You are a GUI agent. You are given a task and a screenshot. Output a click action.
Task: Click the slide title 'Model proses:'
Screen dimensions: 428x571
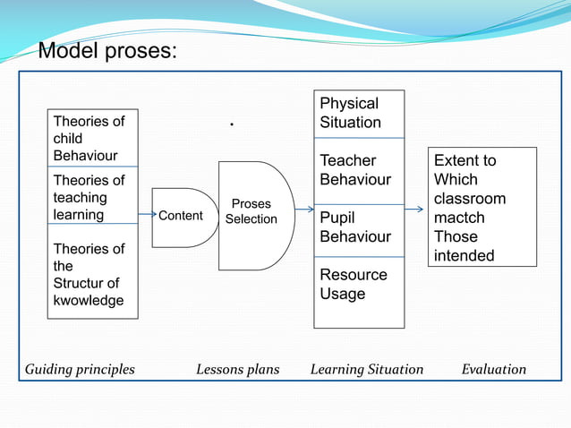[x=107, y=52]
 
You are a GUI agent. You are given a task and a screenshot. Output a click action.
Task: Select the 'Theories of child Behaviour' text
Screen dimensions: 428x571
[x=89, y=138]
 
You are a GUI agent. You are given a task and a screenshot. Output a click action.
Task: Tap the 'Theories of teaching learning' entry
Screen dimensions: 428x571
[x=89, y=197]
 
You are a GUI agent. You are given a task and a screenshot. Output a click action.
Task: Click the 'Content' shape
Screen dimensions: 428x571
[x=183, y=216]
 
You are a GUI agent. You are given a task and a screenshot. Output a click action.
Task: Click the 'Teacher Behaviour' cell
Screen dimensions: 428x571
[x=356, y=170]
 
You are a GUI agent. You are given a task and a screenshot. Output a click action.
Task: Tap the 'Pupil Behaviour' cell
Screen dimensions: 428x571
[x=356, y=227]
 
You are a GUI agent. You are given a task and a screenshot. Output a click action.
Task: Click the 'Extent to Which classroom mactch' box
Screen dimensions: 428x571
[x=482, y=208]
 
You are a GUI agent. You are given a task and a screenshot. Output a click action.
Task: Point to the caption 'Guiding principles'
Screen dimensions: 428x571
[x=80, y=369]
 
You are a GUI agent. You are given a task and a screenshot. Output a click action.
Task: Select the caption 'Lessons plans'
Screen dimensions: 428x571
[x=237, y=369]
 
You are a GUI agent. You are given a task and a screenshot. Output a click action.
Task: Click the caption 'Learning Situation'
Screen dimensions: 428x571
[x=367, y=369]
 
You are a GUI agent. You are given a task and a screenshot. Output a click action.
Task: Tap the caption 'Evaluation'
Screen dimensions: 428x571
[x=494, y=369]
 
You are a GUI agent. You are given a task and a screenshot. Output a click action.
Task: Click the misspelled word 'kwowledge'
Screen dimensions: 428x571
[x=89, y=301]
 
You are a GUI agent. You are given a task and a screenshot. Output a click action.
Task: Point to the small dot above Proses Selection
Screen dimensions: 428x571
[x=232, y=125]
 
